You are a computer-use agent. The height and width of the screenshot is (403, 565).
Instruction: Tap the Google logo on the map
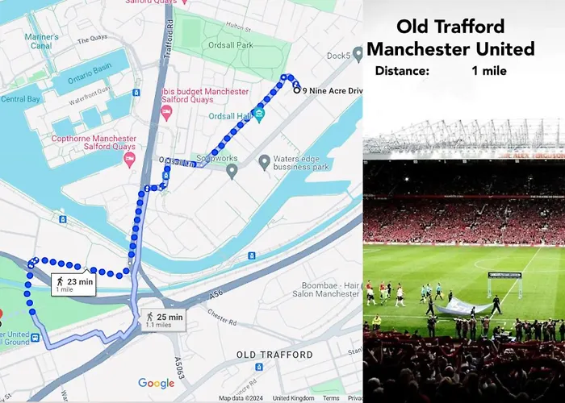click(x=156, y=384)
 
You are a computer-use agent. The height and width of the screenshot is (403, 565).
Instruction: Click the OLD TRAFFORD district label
click(x=274, y=355)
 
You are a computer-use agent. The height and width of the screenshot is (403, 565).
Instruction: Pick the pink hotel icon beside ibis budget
click(x=167, y=112)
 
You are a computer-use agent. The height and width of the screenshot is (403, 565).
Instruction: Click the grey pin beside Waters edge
click(x=263, y=163)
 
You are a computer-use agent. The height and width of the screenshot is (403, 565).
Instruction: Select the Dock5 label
click(x=337, y=56)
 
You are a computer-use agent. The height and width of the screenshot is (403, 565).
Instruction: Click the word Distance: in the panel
click(x=401, y=71)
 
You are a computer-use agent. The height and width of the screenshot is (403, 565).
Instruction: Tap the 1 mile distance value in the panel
click(x=489, y=71)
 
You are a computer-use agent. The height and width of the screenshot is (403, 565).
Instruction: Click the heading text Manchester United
click(x=450, y=49)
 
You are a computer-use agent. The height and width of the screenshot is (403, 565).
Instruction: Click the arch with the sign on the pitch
click(x=504, y=284)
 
